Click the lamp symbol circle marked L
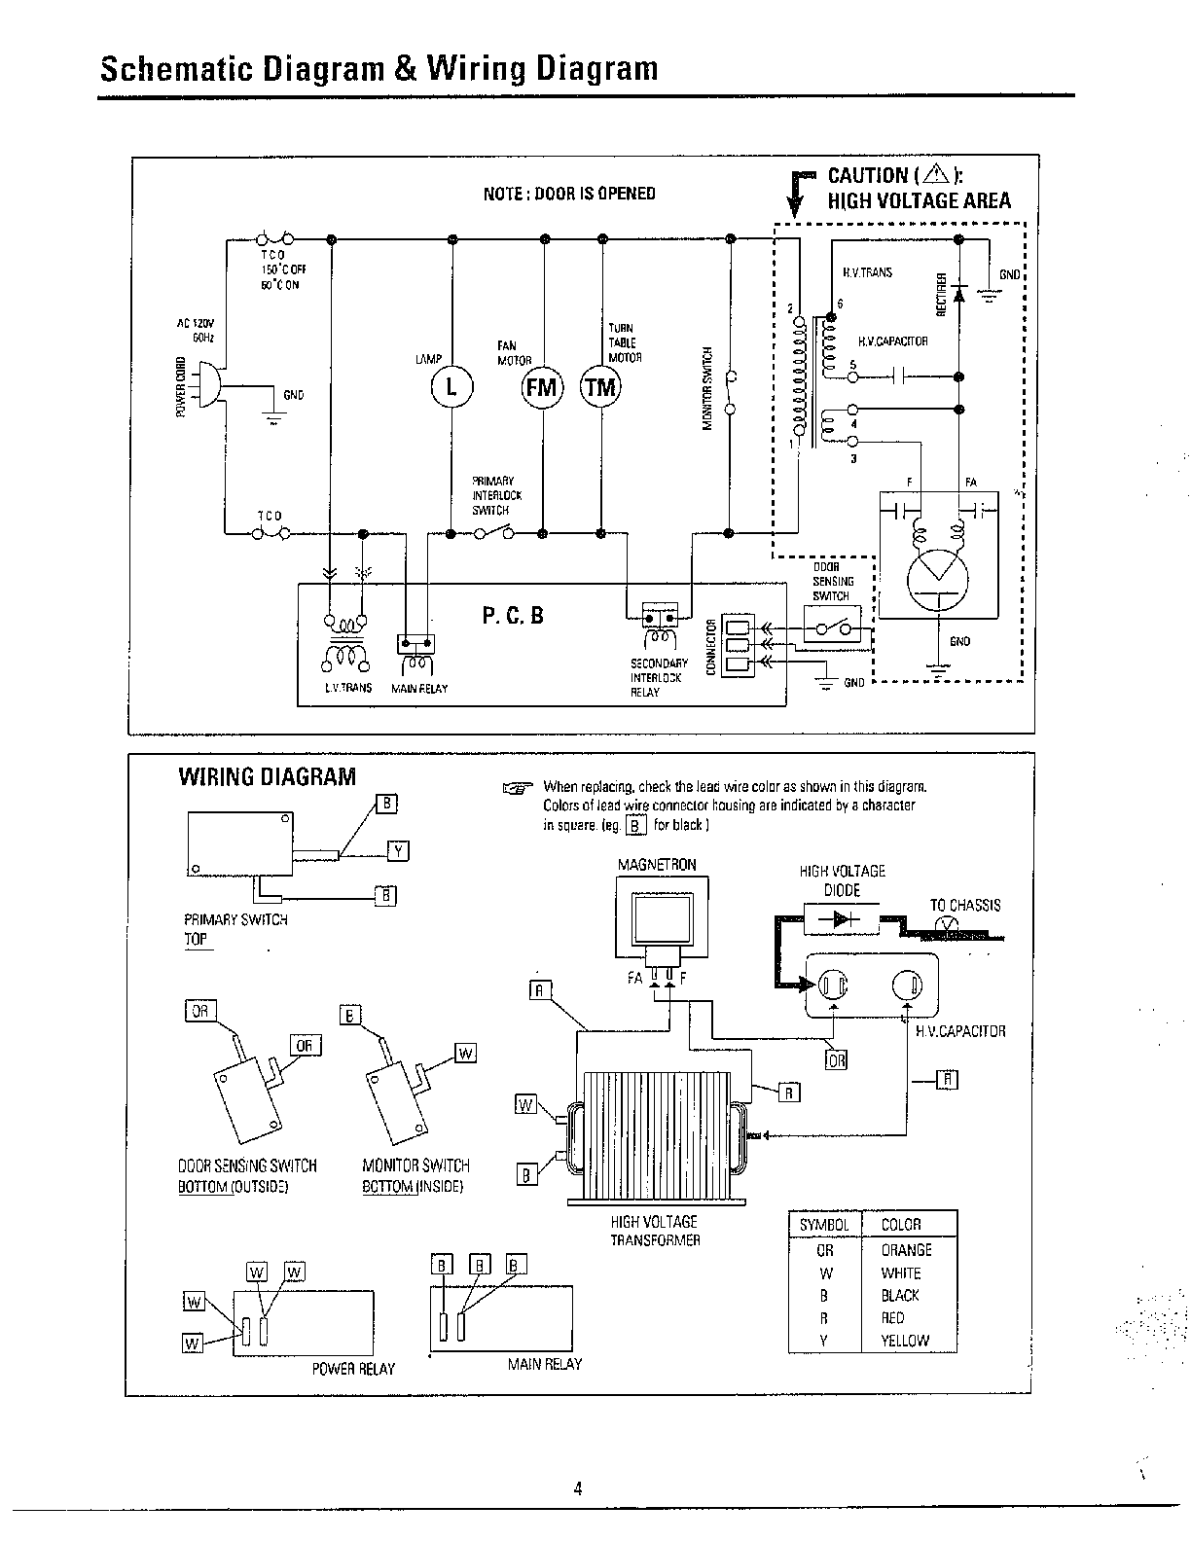point(451,386)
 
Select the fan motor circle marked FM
point(542,386)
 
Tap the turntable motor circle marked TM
point(600,386)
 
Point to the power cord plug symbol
point(205,385)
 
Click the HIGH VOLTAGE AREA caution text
point(919,200)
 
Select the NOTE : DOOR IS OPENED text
point(569,193)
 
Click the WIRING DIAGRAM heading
point(267,776)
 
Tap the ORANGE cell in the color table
point(906,1250)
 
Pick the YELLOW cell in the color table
point(905,1340)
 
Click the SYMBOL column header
point(824,1225)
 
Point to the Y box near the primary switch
point(398,852)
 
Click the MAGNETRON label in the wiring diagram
point(657,865)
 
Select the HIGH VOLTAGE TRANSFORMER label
point(656,1231)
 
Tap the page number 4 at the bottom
point(578,1488)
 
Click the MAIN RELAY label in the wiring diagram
point(544,1364)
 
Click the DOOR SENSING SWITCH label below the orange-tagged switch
point(247,1165)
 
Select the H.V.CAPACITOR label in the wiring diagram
point(960,1031)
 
